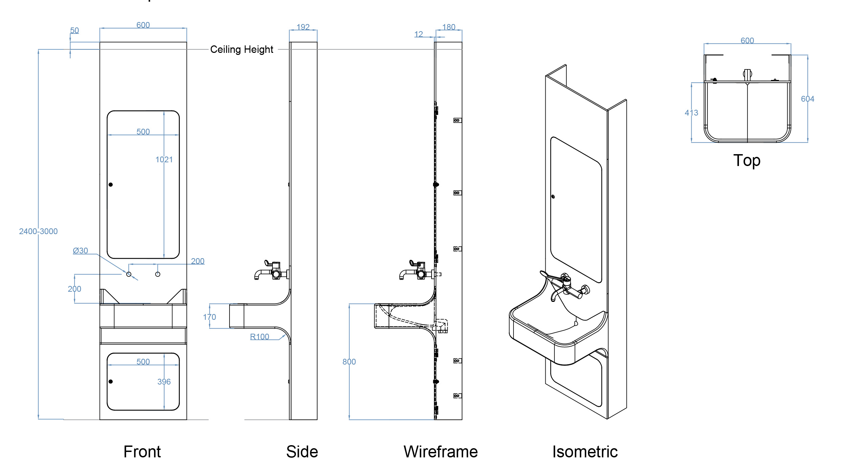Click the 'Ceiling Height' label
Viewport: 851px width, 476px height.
tap(241, 49)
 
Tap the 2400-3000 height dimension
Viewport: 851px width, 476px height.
tap(38, 231)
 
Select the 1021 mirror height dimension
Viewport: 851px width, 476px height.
tap(164, 160)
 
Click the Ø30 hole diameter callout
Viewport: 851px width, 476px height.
tap(81, 251)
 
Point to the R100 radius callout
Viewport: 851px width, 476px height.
tap(260, 337)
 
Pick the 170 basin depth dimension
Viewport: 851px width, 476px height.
tap(210, 317)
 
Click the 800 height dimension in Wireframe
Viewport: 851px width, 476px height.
tap(349, 362)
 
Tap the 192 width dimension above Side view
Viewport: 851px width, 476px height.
tap(303, 27)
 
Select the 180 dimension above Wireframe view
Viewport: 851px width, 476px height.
tap(449, 27)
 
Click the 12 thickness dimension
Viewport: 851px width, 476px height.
tap(419, 34)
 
